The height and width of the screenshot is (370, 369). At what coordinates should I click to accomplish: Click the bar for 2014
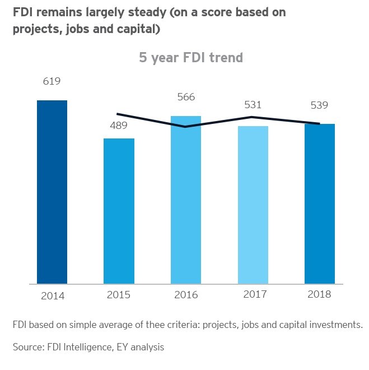(x=52, y=192)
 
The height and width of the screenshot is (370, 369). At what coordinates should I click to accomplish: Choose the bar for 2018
(x=320, y=203)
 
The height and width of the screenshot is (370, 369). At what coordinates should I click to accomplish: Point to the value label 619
(x=52, y=82)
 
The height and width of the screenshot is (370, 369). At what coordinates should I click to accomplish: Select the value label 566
(x=186, y=97)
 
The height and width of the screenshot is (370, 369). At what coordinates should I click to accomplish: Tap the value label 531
(x=253, y=105)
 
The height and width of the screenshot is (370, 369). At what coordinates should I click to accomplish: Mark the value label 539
(x=320, y=105)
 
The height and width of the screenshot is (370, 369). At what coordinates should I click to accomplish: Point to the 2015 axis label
(x=119, y=294)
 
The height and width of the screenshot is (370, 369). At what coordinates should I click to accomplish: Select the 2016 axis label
(x=186, y=294)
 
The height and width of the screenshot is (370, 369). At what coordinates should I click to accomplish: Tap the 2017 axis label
(x=253, y=294)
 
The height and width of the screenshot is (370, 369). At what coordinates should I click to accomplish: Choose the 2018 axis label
(x=320, y=294)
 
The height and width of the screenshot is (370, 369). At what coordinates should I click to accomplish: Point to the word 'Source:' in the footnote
(x=27, y=348)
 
